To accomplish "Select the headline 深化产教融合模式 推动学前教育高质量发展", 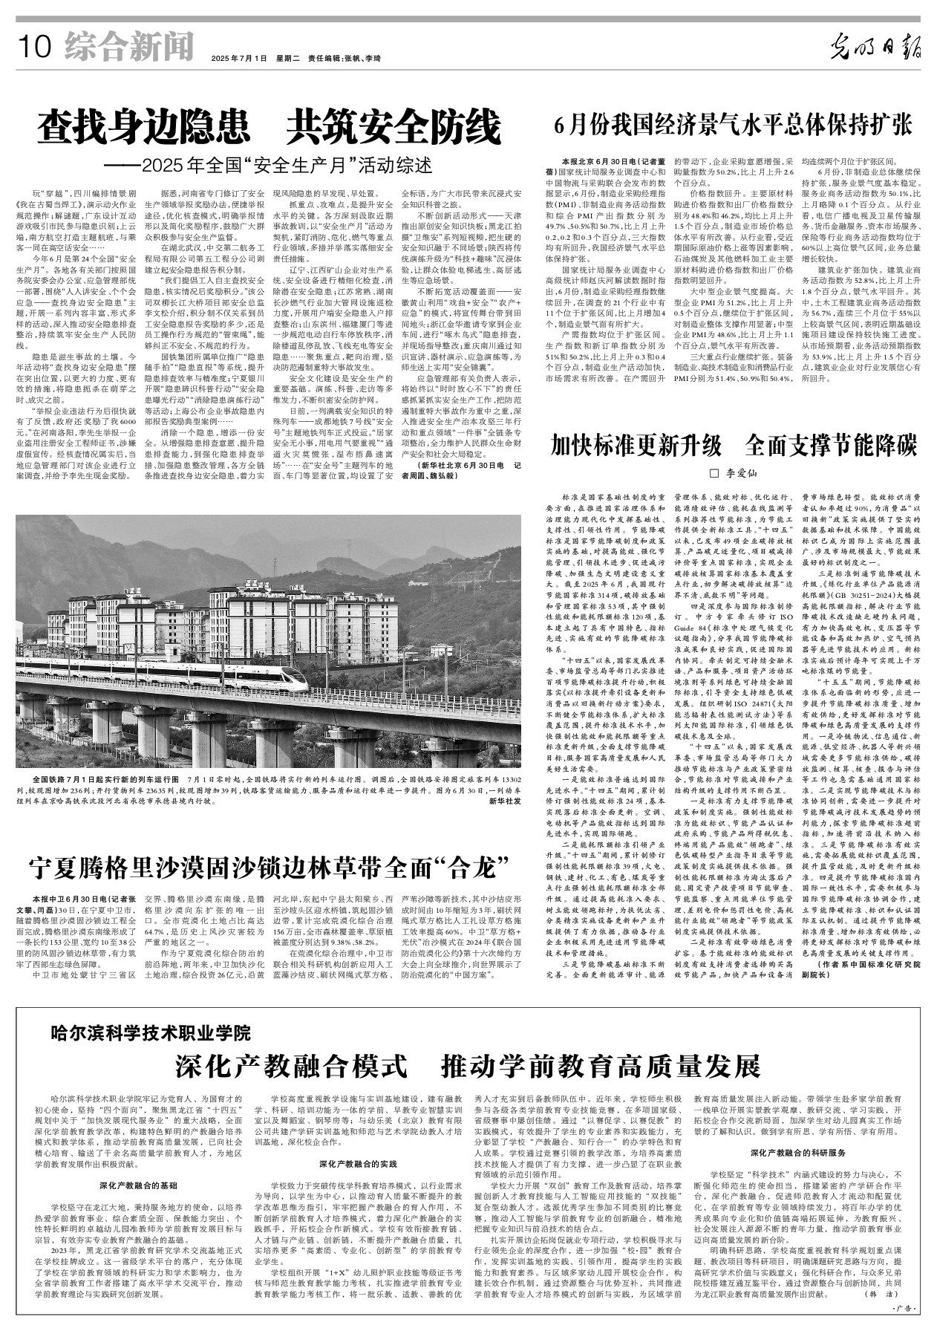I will (x=468, y=1064).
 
